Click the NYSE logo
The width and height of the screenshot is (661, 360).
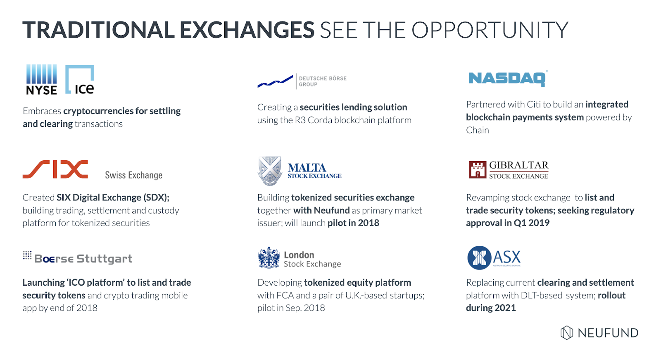point(41,79)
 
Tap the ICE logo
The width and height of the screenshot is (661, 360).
point(80,79)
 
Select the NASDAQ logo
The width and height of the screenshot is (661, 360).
point(508,79)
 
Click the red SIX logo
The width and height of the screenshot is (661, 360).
point(55,169)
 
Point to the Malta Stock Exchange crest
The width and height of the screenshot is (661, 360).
point(269,171)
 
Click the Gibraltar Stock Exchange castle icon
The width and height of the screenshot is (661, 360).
point(478,170)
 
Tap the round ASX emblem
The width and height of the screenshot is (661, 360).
point(479,258)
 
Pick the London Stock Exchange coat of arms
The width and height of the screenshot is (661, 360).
point(269,258)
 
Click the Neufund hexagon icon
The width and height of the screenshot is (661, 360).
point(566,333)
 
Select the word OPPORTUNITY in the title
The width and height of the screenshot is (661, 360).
point(490,30)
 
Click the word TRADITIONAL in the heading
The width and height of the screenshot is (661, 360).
point(99,30)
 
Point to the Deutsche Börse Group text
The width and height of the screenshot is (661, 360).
point(323,81)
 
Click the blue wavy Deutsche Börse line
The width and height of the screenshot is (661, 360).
point(275,81)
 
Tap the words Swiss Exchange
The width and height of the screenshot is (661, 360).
point(134,175)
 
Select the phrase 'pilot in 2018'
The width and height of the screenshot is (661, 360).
point(353,223)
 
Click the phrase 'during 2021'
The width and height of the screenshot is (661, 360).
point(491,308)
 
